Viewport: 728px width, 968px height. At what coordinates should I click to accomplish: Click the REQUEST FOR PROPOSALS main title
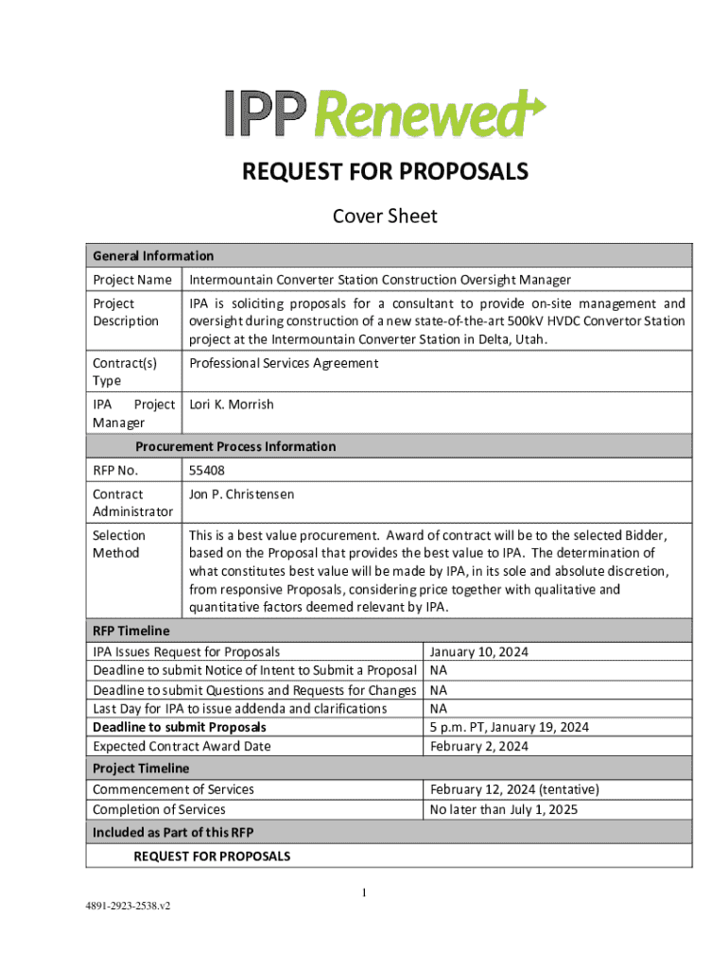pos(385,172)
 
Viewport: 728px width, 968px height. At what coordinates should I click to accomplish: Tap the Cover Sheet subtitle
pos(385,216)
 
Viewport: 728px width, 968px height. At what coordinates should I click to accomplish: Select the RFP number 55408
pos(207,470)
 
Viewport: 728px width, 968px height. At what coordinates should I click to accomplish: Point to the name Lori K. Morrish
pos(232,405)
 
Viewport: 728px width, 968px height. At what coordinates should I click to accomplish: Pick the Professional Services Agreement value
pos(284,363)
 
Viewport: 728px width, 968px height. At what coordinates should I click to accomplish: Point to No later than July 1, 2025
pos(503,809)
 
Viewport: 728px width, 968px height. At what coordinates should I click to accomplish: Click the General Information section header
pos(153,255)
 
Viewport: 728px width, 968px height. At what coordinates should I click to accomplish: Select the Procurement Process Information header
pos(235,446)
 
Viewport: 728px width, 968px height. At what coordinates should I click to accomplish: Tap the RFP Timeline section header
pos(131,631)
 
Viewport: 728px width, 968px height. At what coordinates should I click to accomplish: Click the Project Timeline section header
pos(141,769)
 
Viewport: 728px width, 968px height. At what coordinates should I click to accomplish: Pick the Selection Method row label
pos(119,544)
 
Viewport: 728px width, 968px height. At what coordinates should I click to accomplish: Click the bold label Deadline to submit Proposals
pos(180,727)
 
